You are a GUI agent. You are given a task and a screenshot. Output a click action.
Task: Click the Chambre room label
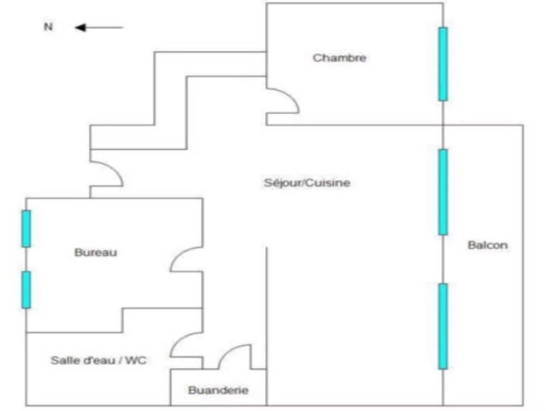pos(340,58)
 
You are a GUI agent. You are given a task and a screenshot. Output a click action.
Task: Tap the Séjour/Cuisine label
pos(307,182)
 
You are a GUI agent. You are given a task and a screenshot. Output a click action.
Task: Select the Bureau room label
pos(96,253)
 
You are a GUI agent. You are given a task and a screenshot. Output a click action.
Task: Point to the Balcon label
pos(487,246)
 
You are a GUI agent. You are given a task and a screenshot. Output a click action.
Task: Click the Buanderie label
pos(218,390)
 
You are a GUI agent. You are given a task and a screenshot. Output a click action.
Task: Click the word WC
pos(137,360)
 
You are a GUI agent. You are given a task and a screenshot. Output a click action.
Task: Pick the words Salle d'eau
pos(80,360)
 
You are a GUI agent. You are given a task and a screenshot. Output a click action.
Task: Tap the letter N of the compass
pos(48,27)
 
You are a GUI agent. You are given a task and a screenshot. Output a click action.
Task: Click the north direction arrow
pos(99,27)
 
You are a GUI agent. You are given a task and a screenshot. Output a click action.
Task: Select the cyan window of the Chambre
pos(443,64)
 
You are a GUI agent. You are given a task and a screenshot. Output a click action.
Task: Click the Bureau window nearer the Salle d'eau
pos(26,290)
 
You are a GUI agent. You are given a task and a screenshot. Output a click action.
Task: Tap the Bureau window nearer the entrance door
pos(26,229)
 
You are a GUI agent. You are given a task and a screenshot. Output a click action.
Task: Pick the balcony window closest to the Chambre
pos(443,192)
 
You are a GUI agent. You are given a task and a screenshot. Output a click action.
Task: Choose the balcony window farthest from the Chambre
pos(443,326)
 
